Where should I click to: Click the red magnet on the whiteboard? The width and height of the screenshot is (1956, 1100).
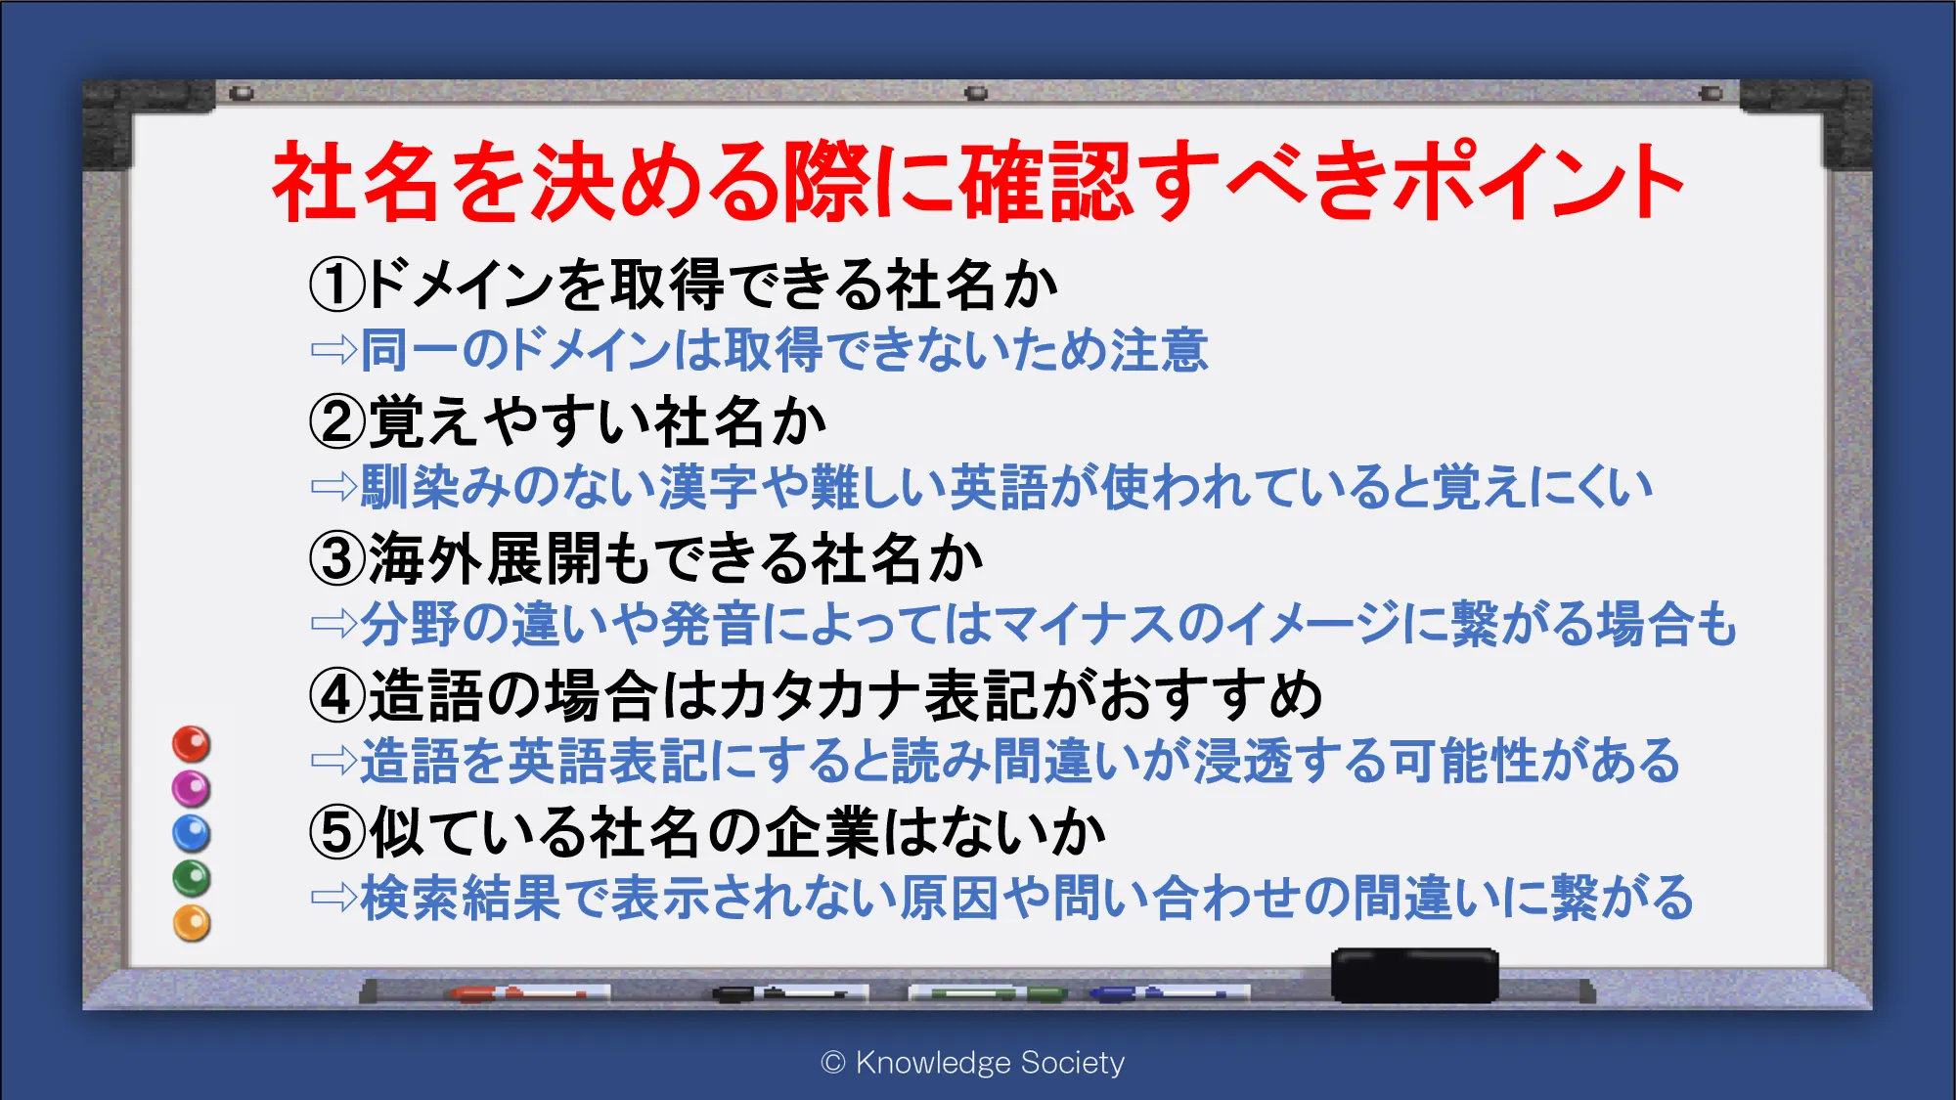tap(192, 744)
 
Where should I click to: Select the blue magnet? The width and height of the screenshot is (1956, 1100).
tap(192, 834)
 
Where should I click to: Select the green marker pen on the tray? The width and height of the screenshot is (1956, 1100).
tap(988, 993)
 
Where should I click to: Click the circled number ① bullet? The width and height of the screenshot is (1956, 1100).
tap(337, 285)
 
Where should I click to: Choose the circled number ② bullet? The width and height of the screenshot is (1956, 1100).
tap(337, 422)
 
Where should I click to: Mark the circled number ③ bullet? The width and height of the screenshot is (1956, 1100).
tap(337, 559)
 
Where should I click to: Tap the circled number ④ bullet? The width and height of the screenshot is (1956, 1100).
tap(337, 696)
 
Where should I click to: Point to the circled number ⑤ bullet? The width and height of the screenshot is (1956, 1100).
tap(337, 833)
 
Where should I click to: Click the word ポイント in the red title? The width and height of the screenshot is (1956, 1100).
tap(1538, 181)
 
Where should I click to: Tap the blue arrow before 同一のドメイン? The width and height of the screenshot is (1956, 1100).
tap(334, 350)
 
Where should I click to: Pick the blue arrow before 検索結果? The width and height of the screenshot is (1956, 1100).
tap(334, 898)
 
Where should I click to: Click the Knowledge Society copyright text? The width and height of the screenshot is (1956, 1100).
tap(973, 1062)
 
